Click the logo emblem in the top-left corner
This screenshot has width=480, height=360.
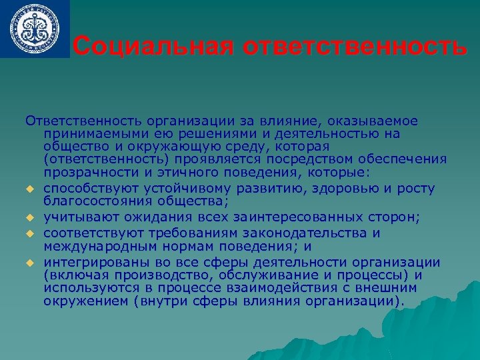tap(34, 27)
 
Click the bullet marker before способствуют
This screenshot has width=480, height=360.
tap(30, 191)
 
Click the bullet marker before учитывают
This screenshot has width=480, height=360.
tap(30, 217)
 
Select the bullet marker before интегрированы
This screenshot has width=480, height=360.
tap(30, 261)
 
